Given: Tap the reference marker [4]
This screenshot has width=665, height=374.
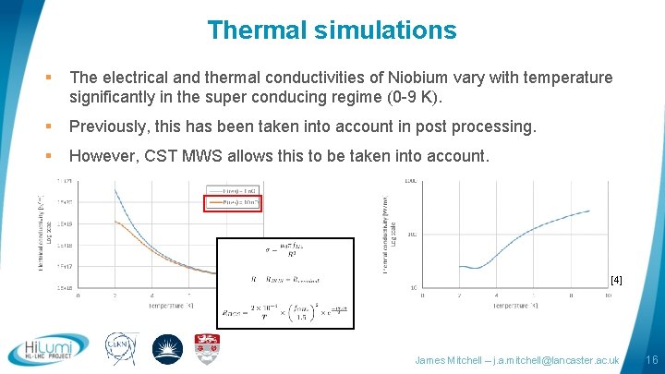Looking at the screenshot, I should pyautogui.click(x=616, y=279).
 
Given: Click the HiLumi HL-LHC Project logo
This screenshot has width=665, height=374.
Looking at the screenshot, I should pyautogui.click(x=47, y=350).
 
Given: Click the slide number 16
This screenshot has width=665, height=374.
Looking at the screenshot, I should pyautogui.click(x=651, y=358).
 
